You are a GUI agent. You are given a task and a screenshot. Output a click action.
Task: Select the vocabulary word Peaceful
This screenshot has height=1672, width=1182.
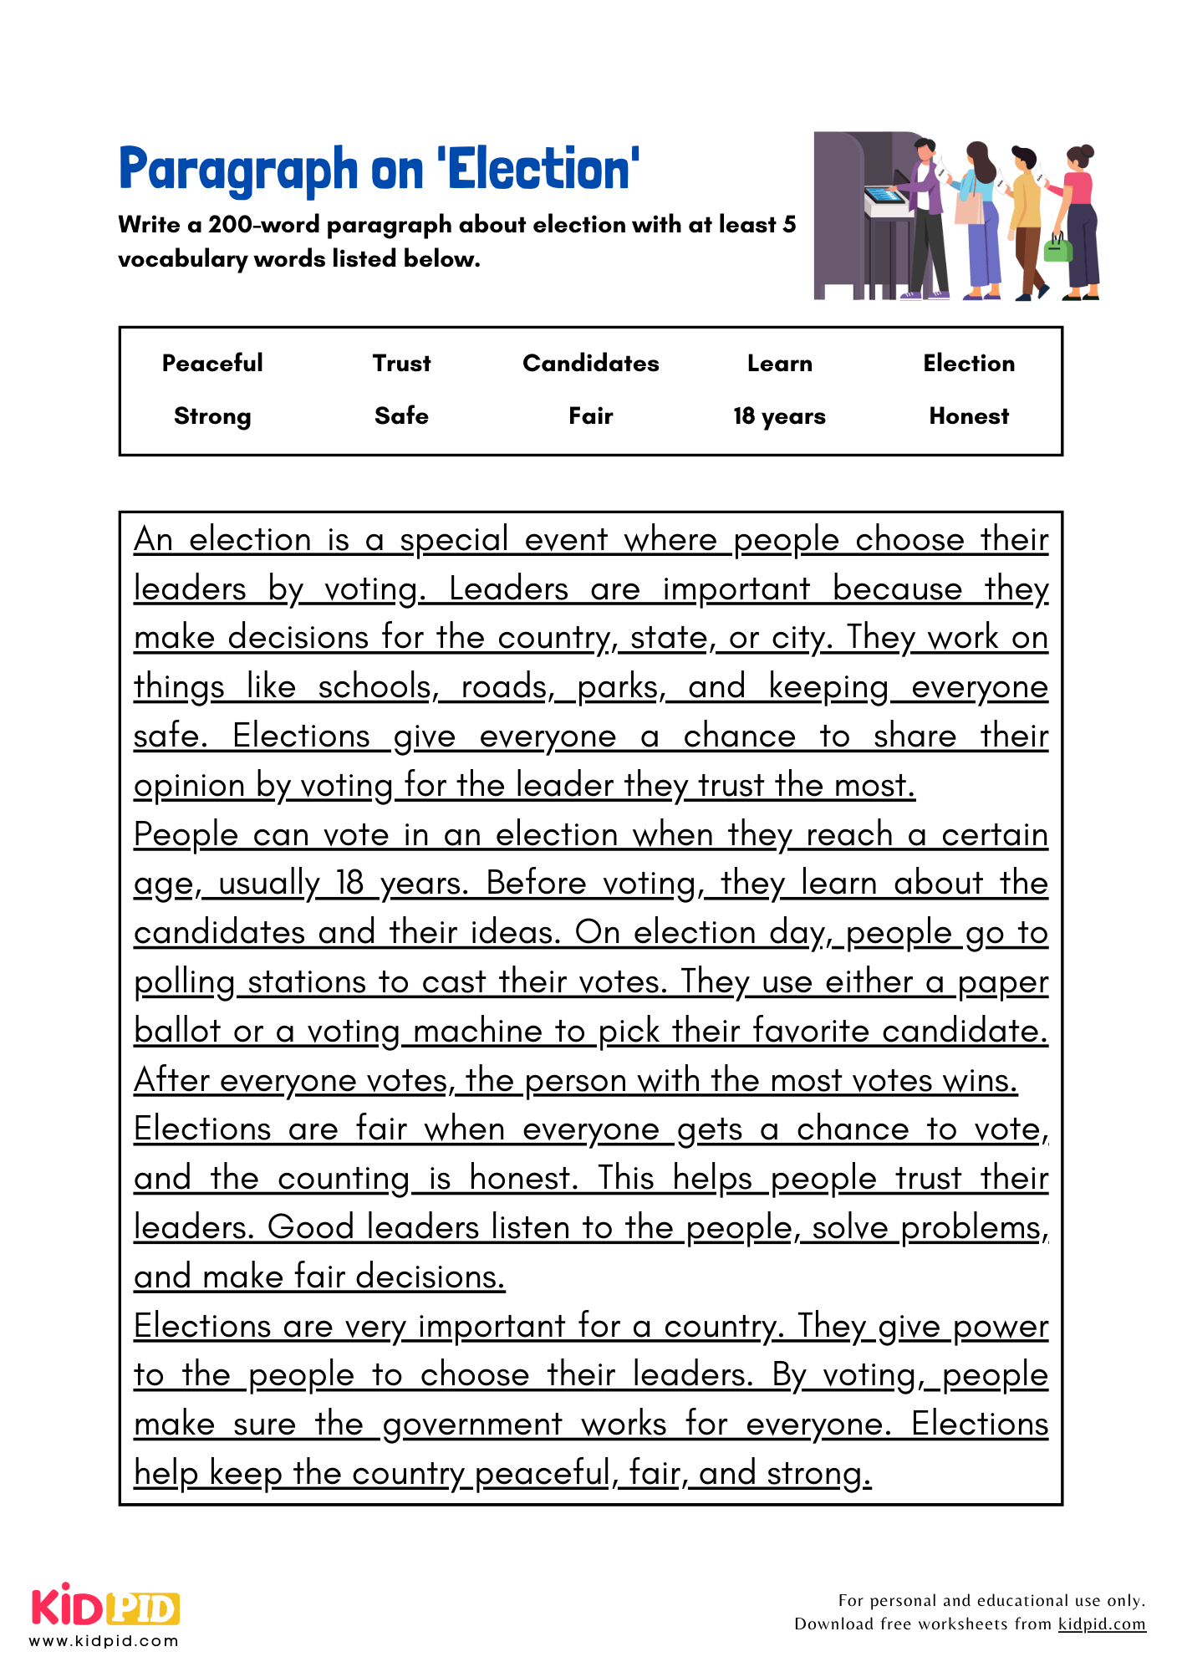click(212, 363)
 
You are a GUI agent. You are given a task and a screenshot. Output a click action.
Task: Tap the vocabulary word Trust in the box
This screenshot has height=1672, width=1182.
click(401, 363)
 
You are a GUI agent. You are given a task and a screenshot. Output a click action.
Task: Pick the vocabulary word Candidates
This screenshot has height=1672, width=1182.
click(590, 363)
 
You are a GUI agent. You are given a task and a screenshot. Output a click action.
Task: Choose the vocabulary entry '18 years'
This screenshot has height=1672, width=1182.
click(779, 416)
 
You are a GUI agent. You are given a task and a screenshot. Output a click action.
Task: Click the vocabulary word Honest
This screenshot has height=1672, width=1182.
click(969, 416)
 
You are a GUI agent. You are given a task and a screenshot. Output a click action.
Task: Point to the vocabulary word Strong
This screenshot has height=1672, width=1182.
click(212, 416)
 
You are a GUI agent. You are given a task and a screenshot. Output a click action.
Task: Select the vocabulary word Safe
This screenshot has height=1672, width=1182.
click(401, 416)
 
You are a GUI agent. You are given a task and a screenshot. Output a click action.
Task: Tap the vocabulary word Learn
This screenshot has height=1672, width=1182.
click(779, 363)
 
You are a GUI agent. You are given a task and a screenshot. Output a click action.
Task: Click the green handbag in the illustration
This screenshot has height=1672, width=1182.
click(1057, 249)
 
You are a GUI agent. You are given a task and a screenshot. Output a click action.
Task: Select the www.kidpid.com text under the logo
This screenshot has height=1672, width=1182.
click(104, 1641)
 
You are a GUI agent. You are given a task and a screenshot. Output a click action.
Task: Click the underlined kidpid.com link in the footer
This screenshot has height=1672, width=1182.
click(1101, 1624)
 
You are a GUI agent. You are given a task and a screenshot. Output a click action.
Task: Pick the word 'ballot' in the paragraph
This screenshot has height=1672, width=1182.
click(176, 1032)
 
